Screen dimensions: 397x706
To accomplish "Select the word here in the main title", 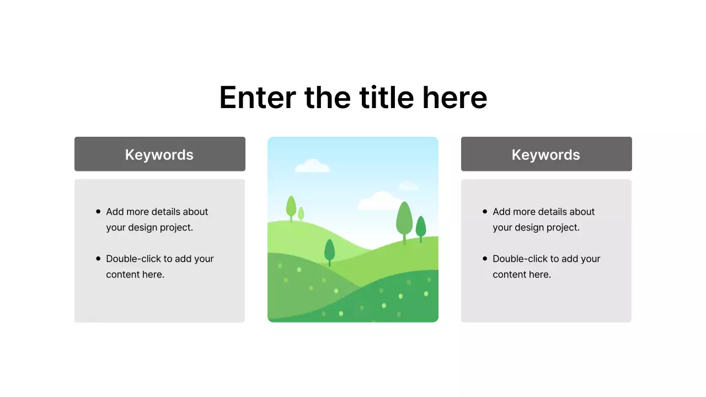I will point(454,98).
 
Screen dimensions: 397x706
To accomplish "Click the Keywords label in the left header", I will point(159,154).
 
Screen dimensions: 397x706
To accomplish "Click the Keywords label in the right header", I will point(546,154).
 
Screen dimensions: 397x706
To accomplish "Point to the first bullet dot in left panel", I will point(98,211).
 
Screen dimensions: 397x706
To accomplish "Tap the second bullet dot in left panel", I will point(98,258).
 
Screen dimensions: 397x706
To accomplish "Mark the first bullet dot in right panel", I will point(485,211).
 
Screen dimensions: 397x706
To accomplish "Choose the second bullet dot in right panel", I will point(485,258).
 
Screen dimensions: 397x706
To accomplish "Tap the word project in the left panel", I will point(176,227).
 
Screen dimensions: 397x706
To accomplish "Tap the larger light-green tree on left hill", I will point(291,206).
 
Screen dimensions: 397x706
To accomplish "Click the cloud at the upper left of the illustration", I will point(312,165).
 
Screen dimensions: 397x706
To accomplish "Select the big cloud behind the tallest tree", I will point(379,201).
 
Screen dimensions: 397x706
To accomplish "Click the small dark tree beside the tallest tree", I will point(421,227).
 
